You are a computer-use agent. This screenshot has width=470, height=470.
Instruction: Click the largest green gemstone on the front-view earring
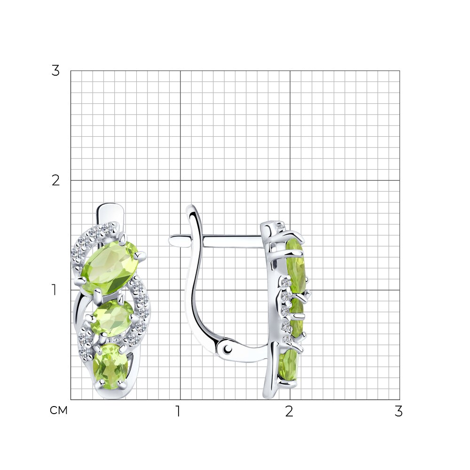(110, 268)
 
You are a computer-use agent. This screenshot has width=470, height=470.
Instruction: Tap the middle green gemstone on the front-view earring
(112, 318)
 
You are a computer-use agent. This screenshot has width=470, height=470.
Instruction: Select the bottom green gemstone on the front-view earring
(110, 366)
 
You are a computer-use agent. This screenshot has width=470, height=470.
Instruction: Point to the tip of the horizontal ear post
(170, 240)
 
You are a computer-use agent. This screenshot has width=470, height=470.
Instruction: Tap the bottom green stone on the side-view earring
(289, 365)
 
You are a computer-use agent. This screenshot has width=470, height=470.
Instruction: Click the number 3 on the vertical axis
(55, 71)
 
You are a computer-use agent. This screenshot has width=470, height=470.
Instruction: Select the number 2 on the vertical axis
(55, 180)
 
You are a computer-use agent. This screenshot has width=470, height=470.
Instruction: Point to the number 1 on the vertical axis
(54, 290)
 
